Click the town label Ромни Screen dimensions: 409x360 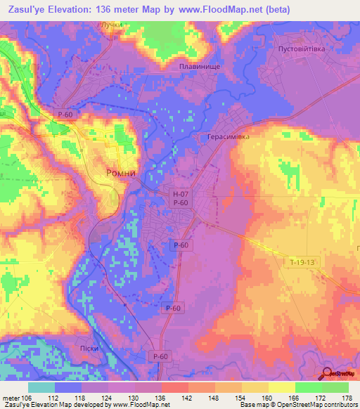[x=120, y=172]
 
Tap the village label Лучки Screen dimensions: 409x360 [x=112, y=24]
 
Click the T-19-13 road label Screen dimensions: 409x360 [x=304, y=261]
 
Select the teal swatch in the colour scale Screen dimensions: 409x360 [x=41, y=387]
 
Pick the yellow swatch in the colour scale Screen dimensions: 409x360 [x=282, y=387]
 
